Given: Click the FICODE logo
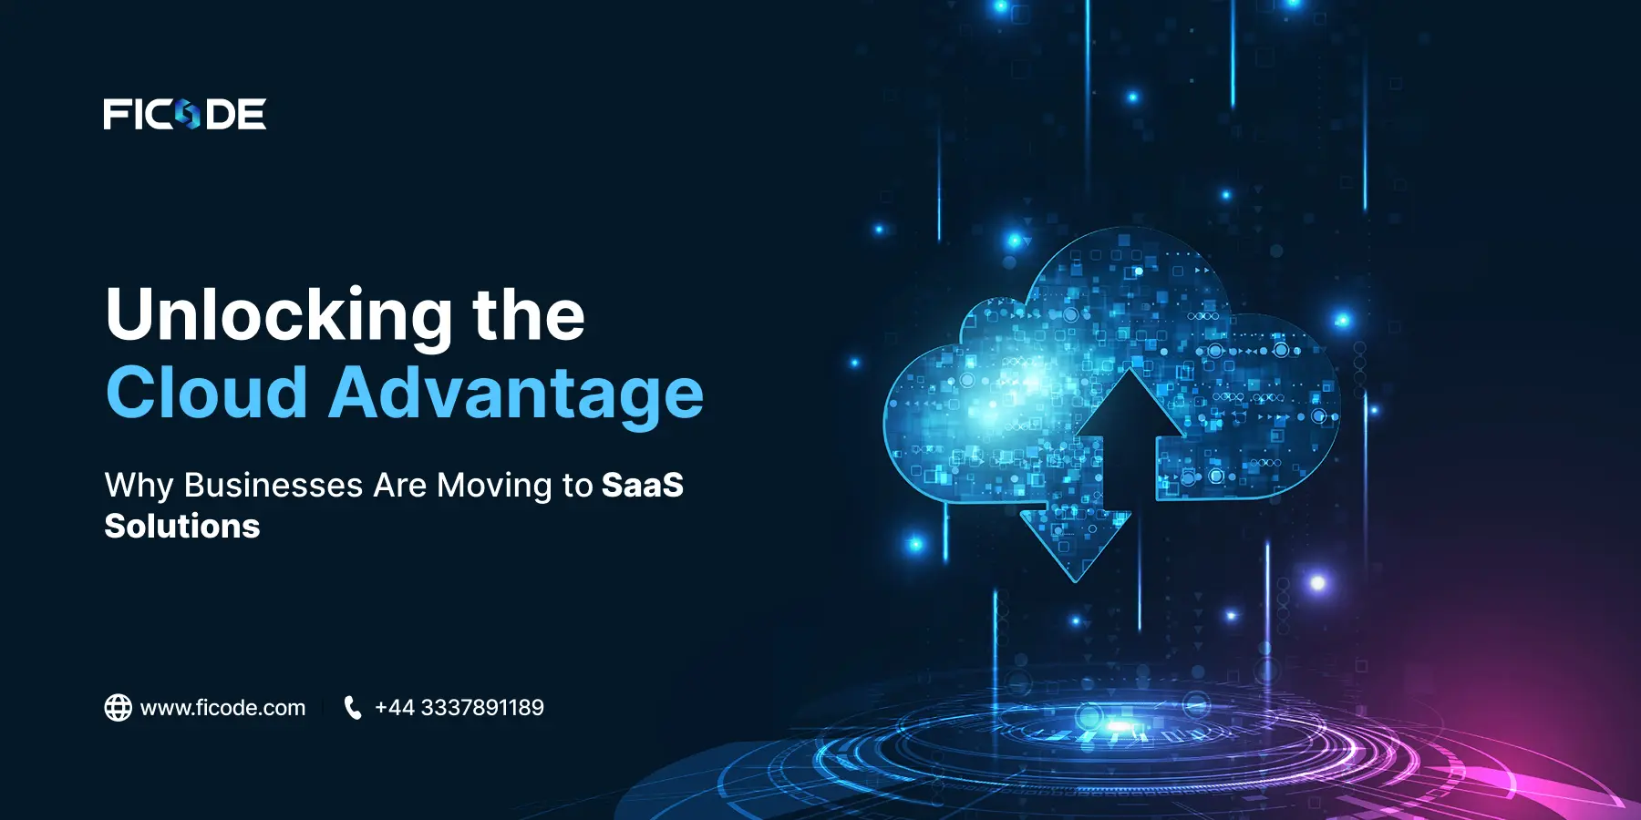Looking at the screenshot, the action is [185, 114].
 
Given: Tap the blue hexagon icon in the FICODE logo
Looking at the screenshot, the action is [188, 115].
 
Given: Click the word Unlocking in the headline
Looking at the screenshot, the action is [279, 316].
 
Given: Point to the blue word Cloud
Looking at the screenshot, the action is [207, 393].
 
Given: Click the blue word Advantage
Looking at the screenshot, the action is [516, 395].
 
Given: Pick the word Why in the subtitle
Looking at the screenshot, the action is [139, 487].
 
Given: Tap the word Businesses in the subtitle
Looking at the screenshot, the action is [273, 485].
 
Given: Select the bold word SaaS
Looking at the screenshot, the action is [643, 485].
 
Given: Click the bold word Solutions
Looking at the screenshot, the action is [182, 526].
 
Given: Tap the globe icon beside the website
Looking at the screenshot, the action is [119, 708].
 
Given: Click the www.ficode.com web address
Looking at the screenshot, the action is [222, 708].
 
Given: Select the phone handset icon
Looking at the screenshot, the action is [353, 708].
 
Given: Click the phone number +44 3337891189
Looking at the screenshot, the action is [459, 708].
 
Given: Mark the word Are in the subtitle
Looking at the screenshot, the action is [400, 485].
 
